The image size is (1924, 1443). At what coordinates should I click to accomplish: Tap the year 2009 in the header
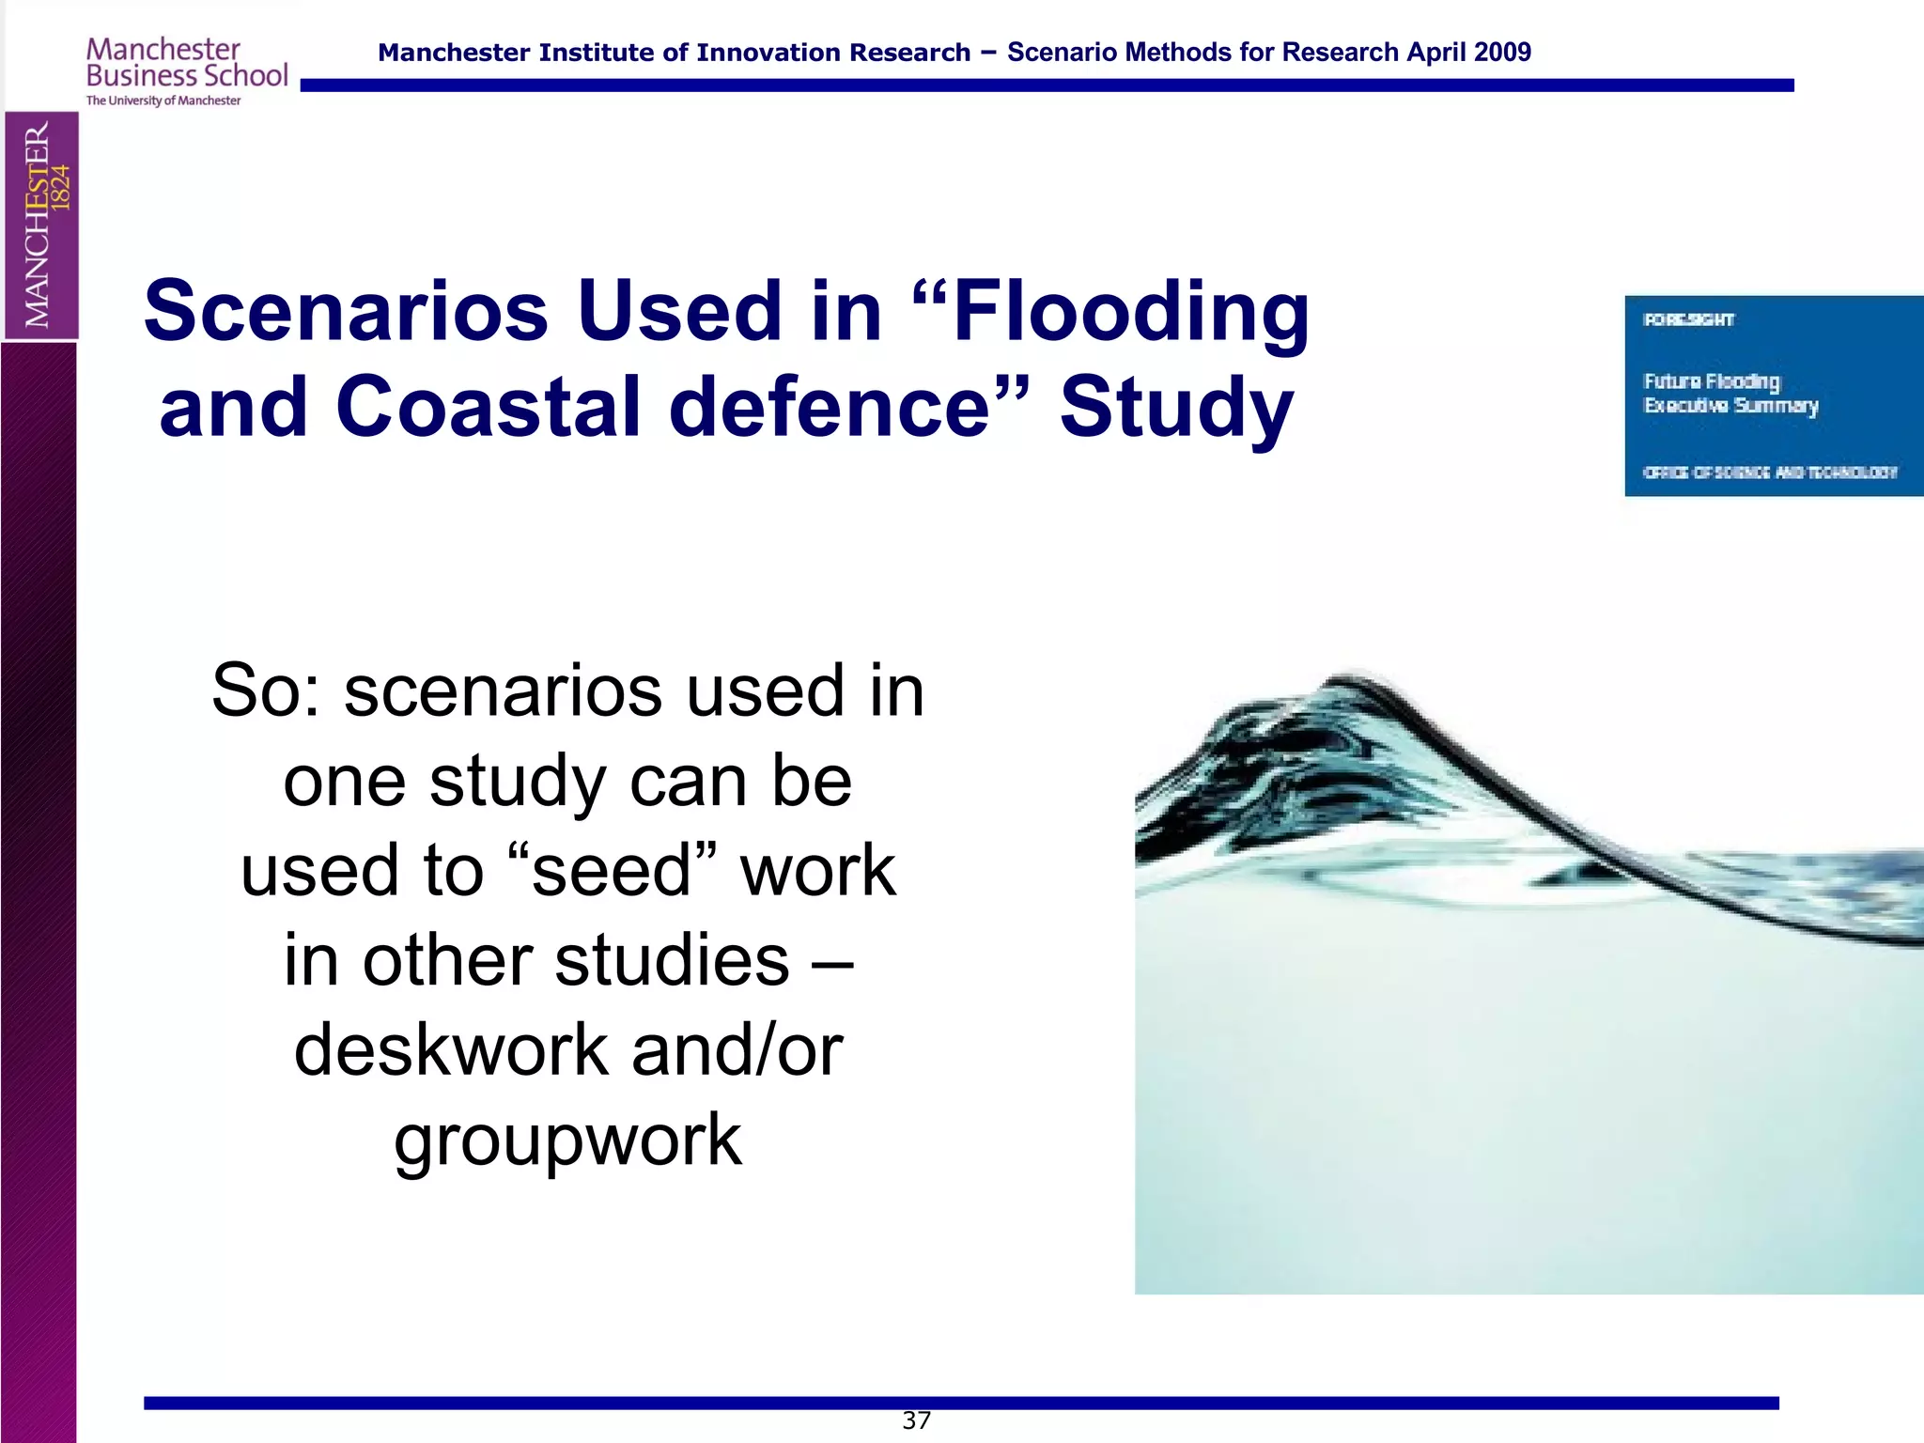(x=1501, y=53)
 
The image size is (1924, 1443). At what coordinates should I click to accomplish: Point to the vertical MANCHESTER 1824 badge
(x=40, y=225)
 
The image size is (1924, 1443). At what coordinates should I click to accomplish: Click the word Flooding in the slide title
(x=1130, y=312)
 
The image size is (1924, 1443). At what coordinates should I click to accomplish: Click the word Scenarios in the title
(x=346, y=312)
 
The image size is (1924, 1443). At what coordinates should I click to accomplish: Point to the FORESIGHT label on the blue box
(x=1688, y=320)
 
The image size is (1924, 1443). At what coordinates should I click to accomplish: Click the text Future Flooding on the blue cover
(x=1711, y=381)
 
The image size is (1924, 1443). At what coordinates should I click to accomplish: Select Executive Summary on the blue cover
(x=1730, y=406)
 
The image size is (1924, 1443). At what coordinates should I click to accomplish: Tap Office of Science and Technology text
(x=1770, y=473)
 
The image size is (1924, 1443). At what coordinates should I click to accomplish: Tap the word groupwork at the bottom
(x=567, y=1140)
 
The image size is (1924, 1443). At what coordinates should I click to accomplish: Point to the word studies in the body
(x=672, y=961)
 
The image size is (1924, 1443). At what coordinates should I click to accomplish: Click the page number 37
(x=916, y=1420)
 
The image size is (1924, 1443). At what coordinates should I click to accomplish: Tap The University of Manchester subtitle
(x=163, y=101)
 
